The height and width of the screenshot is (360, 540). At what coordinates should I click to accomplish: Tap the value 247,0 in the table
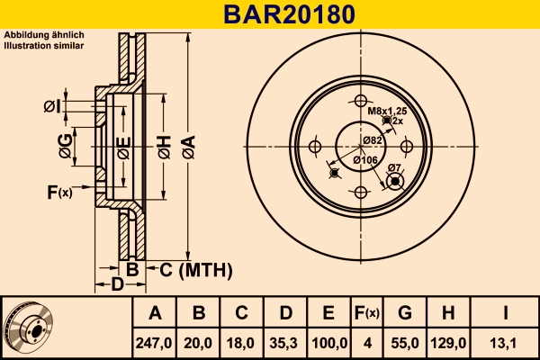pos(154,342)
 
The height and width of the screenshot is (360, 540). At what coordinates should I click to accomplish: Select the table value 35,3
pos(285,342)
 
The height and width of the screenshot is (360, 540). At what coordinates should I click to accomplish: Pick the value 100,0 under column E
pos(328,342)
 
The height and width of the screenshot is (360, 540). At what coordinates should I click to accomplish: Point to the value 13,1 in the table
pos(506,342)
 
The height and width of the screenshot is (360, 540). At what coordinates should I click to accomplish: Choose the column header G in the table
pos(405,313)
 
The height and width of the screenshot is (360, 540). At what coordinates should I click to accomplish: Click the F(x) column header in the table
pos(366,313)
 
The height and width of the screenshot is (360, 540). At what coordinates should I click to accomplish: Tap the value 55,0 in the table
pos(405,342)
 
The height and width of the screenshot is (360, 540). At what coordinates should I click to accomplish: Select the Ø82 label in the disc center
pos(373,139)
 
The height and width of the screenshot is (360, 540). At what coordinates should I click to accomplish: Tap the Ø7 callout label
pos(393,167)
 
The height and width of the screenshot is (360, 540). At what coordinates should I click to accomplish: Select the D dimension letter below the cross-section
pos(116,286)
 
